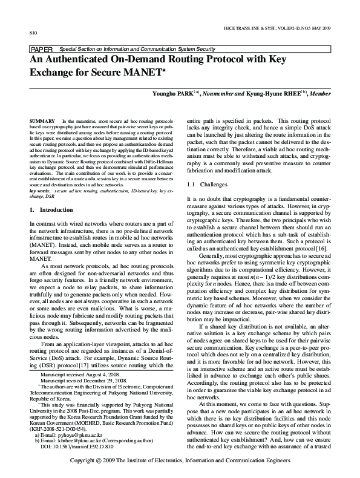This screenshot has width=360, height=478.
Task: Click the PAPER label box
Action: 41,48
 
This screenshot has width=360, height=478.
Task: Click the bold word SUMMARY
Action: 42,122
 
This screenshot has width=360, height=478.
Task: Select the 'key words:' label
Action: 41,191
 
